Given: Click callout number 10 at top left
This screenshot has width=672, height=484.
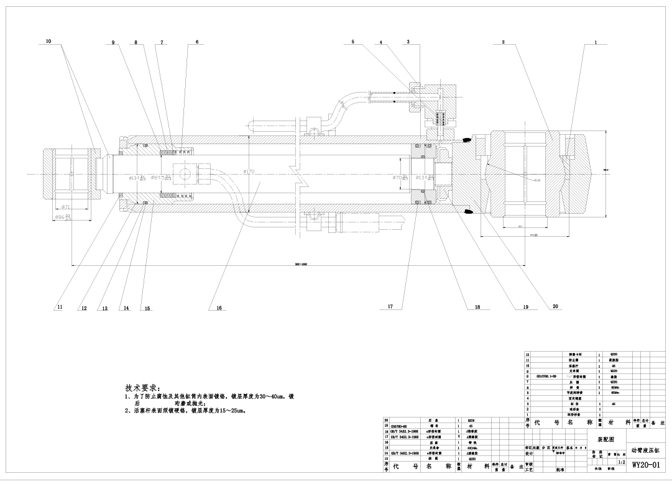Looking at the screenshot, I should (x=48, y=42).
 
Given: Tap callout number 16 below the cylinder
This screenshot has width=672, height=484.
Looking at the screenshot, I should (x=219, y=308).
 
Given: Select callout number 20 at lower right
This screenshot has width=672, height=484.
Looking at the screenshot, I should (x=555, y=306).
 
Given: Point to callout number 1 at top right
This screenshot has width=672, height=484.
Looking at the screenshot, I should (x=595, y=43).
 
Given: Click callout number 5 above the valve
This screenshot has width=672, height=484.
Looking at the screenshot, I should (x=352, y=42).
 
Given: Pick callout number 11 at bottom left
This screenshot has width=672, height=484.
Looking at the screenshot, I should (x=60, y=308).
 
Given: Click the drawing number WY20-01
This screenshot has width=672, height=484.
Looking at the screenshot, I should (x=646, y=464).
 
